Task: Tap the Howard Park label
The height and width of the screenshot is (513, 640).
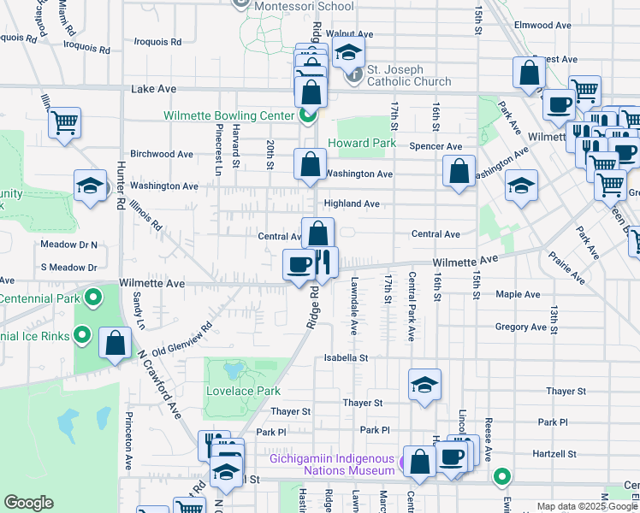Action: pos(362,143)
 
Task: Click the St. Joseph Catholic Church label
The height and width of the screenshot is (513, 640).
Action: pos(409,76)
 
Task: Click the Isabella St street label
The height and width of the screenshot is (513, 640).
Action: pos(345,358)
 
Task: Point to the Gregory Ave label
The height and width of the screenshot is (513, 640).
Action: pos(520,327)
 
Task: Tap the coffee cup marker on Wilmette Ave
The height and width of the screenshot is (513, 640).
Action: pos(299,264)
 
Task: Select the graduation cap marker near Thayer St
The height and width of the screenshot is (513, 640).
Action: pos(424,385)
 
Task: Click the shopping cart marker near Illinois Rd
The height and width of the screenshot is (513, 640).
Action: pos(65,123)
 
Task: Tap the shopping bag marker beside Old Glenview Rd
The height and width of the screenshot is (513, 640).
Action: pos(115,344)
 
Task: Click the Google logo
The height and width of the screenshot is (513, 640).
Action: pos(28,503)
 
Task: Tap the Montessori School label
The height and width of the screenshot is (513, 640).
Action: pos(304,6)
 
